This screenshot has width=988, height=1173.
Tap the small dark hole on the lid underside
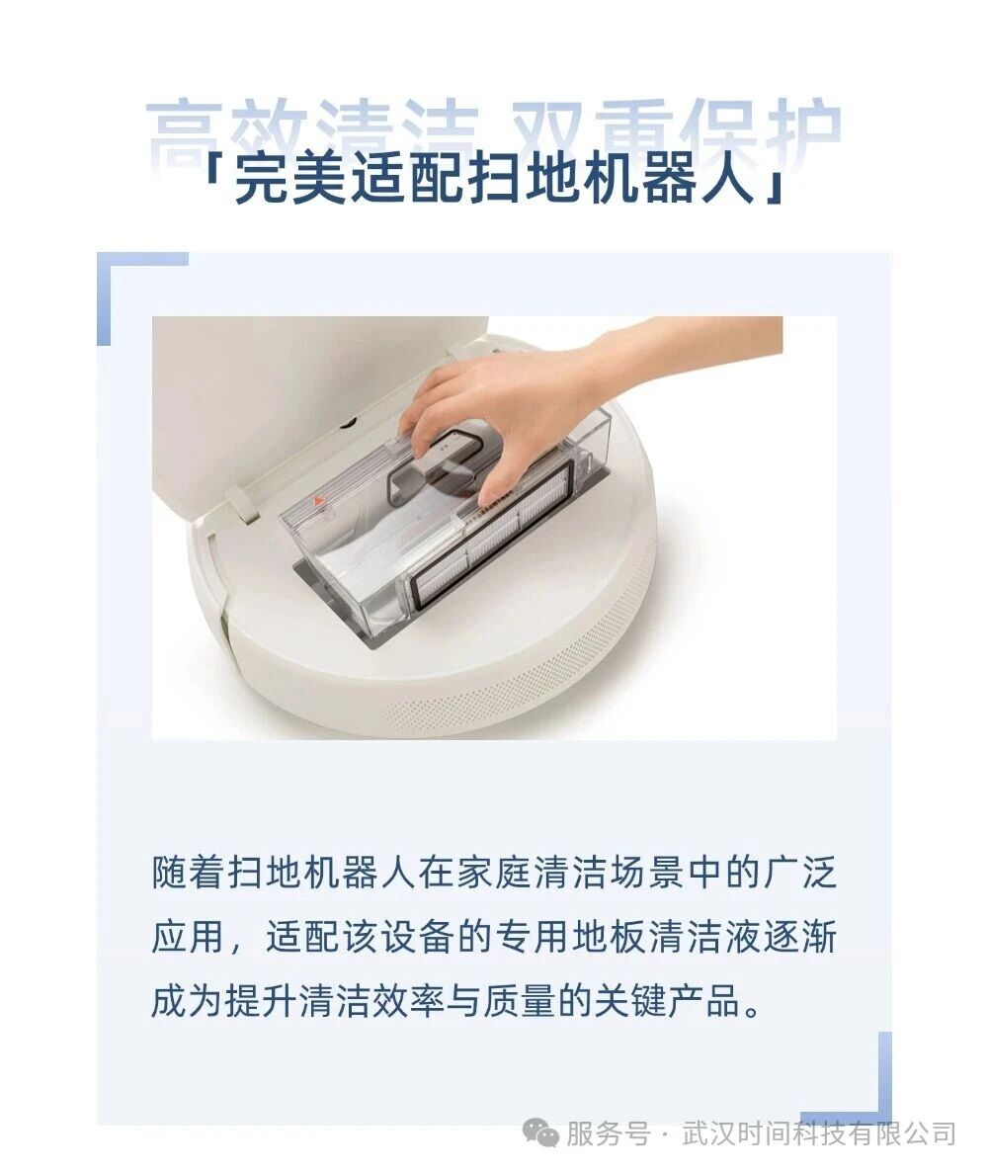click(x=346, y=423)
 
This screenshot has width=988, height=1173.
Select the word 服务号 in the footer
click(x=608, y=1132)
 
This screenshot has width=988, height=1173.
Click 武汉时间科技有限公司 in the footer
click(x=819, y=1132)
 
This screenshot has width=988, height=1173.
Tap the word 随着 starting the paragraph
click(x=186, y=872)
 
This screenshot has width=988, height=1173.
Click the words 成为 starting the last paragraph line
click(x=187, y=1000)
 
